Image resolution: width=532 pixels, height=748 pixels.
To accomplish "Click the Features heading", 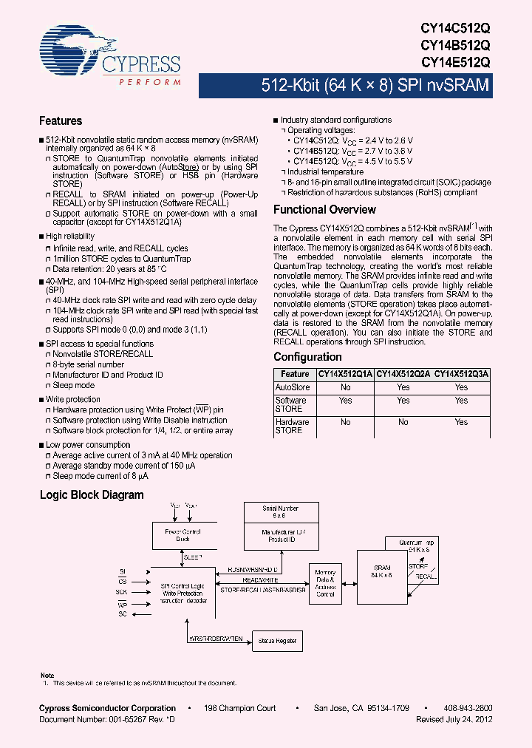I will (x=61, y=120).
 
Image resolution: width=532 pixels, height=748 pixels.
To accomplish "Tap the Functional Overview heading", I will (x=325, y=210).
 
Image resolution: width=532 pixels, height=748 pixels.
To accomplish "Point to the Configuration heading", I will (x=307, y=357).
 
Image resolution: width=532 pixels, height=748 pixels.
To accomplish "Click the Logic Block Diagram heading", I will (x=92, y=495).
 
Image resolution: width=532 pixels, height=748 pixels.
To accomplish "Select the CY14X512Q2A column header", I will (x=403, y=375).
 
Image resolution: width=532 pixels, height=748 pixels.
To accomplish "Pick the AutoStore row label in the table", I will (x=293, y=387).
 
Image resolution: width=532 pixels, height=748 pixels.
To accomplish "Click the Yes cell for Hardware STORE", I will (x=462, y=422).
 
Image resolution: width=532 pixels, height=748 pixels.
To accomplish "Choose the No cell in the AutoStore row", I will (x=345, y=387).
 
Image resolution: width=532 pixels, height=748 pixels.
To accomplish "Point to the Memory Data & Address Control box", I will (x=325, y=584).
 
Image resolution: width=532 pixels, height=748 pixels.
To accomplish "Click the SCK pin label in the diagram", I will (x=121, y=592).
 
